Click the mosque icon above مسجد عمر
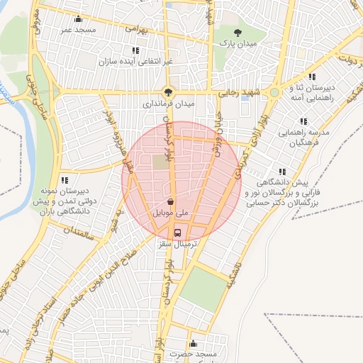tap(78, 19)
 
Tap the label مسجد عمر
tap(76, 30)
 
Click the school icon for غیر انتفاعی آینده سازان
tap(135, 50)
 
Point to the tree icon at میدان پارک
tap(238, 33)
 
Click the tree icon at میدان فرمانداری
tap(168, 91)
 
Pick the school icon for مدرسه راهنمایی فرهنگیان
tap(304, 122)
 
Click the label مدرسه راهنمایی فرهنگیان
tap(307, 138)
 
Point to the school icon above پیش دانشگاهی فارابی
tap(283, 171)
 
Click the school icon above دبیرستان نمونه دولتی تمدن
tap(65, 180)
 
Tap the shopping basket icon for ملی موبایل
tap(170, 201)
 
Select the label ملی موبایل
tap(171, 212)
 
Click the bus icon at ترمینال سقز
tap(178, 232)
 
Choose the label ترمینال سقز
tap(179, 243)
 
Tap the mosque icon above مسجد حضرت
tap(193, 344)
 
